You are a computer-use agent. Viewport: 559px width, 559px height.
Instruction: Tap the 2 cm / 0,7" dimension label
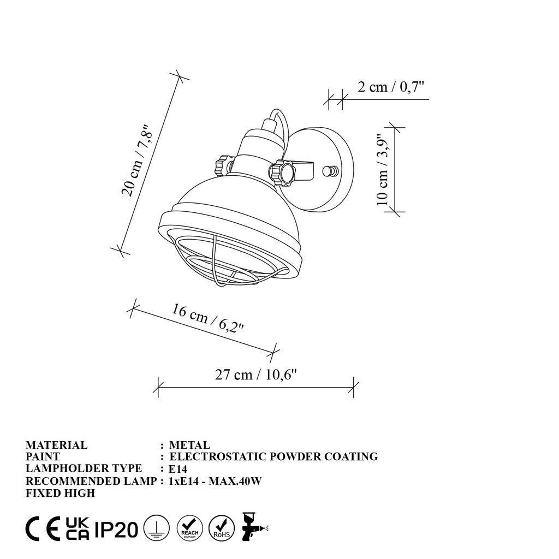point(391,87)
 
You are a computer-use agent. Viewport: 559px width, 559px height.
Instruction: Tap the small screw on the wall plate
point(328,171)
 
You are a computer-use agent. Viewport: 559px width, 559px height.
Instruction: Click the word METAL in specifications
point(189,445)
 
